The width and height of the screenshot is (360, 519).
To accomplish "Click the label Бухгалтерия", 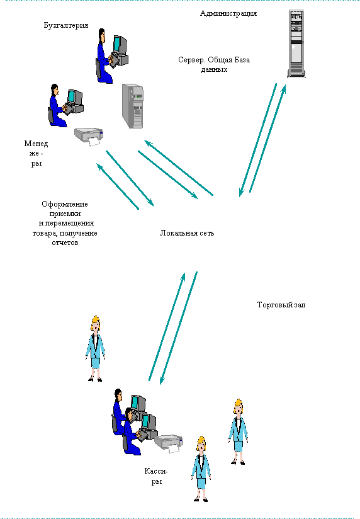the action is (x=66, y=25).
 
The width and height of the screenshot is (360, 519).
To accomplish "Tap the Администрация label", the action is (x=228, y=14).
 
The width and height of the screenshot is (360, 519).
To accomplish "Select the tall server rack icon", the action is (x=296, y=43).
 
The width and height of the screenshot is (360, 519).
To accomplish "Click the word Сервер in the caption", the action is (x=191, y=60).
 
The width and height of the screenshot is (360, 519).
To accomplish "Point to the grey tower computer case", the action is (x=133, y=106).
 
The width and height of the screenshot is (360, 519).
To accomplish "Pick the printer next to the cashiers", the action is (x=169, y=443).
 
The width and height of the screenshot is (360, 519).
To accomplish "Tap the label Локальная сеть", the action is (x=187, y=233).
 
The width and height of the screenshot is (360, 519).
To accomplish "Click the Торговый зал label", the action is (x=281, y=305).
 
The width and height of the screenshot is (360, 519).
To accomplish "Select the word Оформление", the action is (x=65, y=204).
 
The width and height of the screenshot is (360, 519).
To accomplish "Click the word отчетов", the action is (x=65, y=242).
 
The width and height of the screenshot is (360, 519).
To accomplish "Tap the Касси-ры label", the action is (x=156, y=476).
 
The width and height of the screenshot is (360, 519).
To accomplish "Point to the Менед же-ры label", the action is (x=36, y=153).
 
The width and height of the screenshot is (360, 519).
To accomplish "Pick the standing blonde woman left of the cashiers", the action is (x=95, y=349).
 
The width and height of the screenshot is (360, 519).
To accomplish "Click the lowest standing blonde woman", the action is (x=201, y=469).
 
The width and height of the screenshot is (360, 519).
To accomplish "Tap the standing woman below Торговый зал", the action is (x=238, y=432).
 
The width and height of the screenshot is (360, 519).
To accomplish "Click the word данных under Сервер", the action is (x=214, y=70).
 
